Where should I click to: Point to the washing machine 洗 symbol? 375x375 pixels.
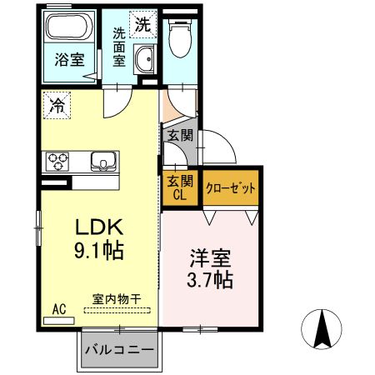pos(142,23)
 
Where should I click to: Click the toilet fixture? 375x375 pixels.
pos(178,37)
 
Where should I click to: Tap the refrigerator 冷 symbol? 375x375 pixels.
pos(58,106)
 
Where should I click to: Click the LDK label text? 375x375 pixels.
pos(100,227)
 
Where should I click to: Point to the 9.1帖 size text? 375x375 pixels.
pos(100,250)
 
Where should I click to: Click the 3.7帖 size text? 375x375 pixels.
pos(209,280)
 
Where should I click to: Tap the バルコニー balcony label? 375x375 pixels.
pos(117,350)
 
